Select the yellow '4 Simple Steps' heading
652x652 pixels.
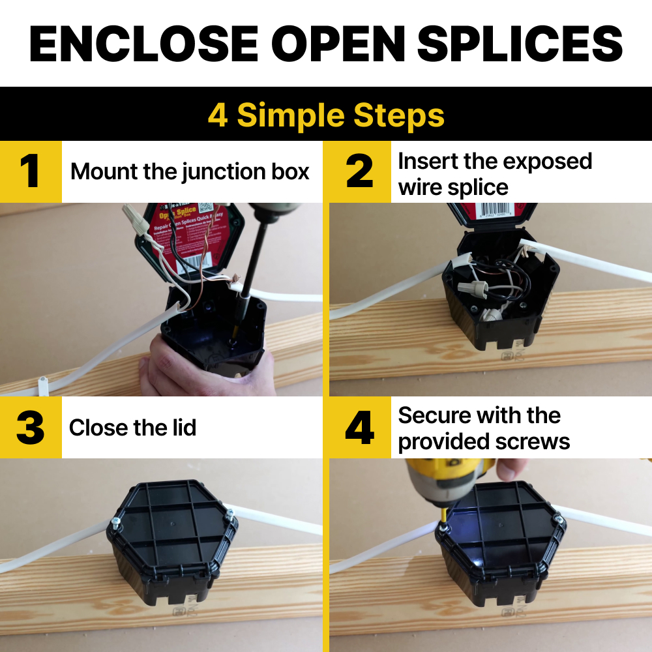(326, 115)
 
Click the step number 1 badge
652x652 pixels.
(31, 171)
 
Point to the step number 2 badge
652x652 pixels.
(359, 171)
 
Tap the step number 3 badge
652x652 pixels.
(31, 428)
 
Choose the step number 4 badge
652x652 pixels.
(359, 428)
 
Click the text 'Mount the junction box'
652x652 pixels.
(190, 171)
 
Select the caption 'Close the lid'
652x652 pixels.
(132, 428)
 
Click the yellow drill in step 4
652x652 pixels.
(434, 482)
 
